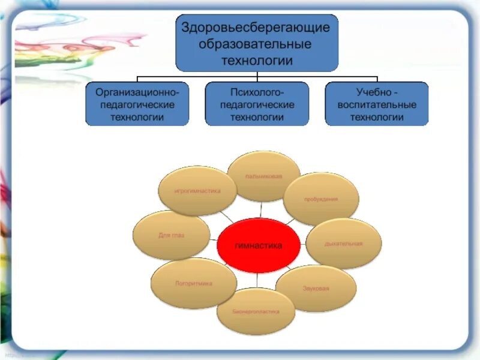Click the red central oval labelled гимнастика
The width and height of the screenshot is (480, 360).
click(x=258, y=245)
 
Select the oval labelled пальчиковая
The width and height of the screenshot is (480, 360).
click(x=264, y=176)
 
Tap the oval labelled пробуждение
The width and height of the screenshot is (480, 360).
click(x=320, y=199)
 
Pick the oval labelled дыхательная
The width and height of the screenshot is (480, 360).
click(x=344, y=244)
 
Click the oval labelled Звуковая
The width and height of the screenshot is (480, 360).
click(x=316, y=289)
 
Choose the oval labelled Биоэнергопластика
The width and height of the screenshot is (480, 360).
click(x=256, y=311)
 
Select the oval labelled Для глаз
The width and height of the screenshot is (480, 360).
click(x=171, y=235)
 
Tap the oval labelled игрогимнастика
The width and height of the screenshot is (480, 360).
click(x=197, y=191)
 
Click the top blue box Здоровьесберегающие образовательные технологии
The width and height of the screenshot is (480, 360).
click(x=257, y=44)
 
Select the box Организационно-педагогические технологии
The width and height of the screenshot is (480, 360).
click(x=137, y=104)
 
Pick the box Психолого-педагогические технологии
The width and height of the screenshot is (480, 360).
click(x=257, y=104)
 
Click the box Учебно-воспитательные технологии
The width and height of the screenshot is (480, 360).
click(x=377, y=104)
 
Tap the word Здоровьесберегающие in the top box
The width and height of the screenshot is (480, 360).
click(x=257, y=28)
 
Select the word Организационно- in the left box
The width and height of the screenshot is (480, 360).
click(x=137, y=92)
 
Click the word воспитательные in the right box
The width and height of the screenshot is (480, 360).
click(x=377, y=104)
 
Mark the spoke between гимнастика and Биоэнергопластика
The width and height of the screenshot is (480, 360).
click(x=257, y=279)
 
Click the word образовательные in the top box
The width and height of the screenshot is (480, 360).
click(x=257, y=44)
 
